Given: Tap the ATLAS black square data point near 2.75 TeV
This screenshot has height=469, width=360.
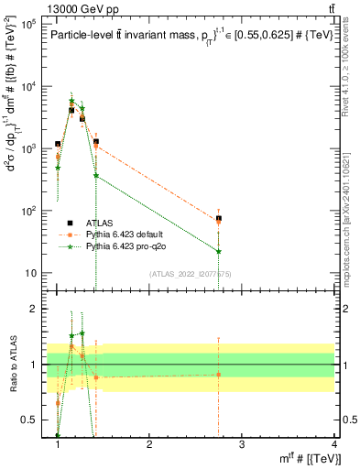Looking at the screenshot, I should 218,219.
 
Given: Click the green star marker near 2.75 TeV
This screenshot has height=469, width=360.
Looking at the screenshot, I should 218,251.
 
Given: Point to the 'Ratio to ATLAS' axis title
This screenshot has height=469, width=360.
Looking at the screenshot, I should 12,365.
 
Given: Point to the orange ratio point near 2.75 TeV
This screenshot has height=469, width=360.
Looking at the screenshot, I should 218,374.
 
